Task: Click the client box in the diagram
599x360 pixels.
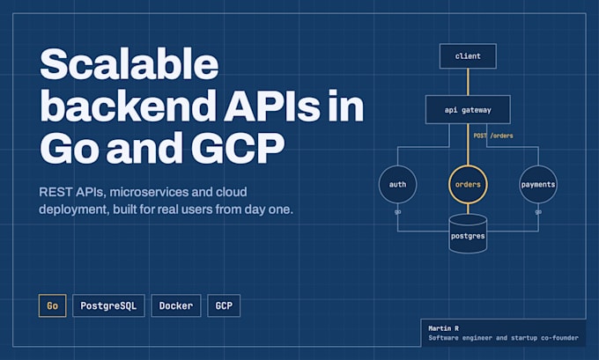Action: [x=468, y=56]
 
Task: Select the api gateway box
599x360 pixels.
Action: [x=468, y=109]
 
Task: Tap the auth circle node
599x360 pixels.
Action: [x=397, y=184]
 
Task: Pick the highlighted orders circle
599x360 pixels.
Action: [x=468, y=184]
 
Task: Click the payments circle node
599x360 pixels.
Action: [x=538, y=184]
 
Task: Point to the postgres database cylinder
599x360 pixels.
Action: [x=468, y=233]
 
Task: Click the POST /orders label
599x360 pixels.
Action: [x=493, y=136]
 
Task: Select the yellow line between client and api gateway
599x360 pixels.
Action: [x=468, y=82]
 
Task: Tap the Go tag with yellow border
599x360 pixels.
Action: [x=52, y=305]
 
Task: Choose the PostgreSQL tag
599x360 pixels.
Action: [x=108, y=305]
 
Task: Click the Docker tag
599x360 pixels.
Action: [x=176, y=305]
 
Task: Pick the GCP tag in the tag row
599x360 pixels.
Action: [x=224, y=305]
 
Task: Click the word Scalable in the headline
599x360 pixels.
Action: [x=129, y=63]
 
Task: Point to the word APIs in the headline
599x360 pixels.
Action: [x=272, y=106]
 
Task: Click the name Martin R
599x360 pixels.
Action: [x=443, y=328]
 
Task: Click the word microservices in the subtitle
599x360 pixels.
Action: [x=149, y=192]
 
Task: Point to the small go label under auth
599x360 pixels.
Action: [x=397, y=212]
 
